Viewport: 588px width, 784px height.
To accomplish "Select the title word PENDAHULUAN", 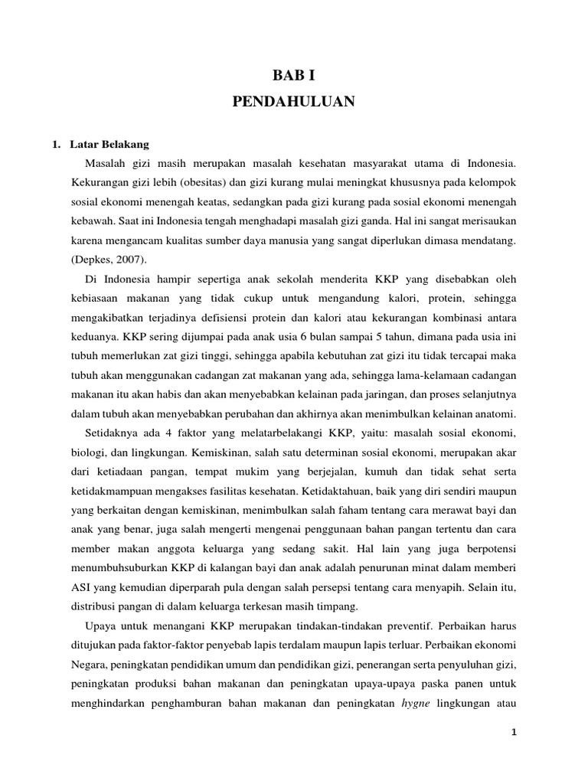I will [294, 103].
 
